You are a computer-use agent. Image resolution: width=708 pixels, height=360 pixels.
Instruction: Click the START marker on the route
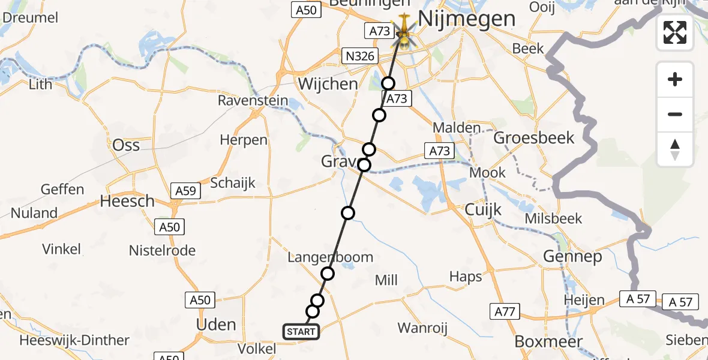(x=301, y=332)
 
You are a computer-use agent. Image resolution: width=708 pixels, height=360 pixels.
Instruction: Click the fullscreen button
(x=675, y=32)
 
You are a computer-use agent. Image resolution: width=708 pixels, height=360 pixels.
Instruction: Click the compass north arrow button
(x=675, y=149)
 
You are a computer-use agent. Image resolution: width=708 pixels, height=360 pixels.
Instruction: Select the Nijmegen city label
(x=466, y=19)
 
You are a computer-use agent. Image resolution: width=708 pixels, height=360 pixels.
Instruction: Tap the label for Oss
(x=126, y=145)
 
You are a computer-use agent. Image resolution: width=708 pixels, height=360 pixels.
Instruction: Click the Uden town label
(x=216, y=325)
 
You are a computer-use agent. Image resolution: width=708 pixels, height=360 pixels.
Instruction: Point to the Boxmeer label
(x=548, y=341)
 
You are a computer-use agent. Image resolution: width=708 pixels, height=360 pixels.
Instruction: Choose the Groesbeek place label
(x=533, y=138)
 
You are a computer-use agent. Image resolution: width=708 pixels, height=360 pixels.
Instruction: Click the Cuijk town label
(x=484, y=210)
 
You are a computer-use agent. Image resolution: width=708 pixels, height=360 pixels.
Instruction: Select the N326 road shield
(x=360, y=56)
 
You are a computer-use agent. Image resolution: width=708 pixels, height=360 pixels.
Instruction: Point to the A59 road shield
(x=185, y=191)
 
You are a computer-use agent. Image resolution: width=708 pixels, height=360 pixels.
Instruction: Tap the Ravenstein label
(x=253, y=100)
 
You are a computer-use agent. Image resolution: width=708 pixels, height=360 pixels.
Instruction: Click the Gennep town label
(x=572, y=257)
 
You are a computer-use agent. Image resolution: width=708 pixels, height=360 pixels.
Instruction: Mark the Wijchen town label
(x=328, y=84)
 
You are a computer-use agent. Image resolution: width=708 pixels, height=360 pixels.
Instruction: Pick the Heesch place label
(x=127, y=201)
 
